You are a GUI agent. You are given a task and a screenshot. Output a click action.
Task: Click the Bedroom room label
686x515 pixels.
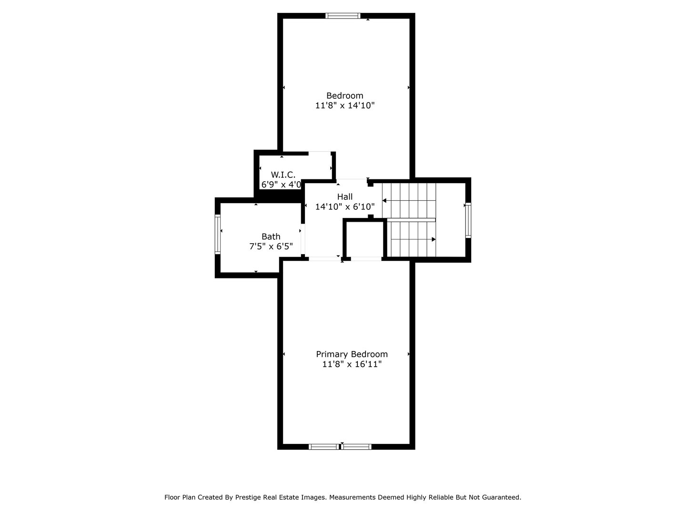(344, 95)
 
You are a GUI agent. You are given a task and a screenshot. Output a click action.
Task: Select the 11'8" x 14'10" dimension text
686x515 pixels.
(345, 106)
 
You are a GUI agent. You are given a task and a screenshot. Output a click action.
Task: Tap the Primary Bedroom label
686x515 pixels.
(352, 354)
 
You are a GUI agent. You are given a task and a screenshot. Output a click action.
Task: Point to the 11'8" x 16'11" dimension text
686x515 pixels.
(352, 364)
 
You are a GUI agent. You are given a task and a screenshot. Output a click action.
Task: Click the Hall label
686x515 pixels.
(345, 196)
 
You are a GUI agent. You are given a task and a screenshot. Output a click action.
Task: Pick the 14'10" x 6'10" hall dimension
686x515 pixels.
(345, 207)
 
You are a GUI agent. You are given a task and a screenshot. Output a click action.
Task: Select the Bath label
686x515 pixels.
(271, 236)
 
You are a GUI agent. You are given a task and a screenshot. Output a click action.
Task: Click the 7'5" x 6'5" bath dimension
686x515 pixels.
(271, 247)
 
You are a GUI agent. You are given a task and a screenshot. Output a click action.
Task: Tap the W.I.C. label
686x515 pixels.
(283, 174)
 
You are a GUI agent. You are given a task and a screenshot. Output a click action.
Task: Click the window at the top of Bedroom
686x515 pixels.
(343, 16)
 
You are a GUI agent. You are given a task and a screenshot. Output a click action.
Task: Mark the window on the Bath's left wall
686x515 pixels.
(218, 234)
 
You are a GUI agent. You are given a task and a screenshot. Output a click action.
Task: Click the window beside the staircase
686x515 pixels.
(468, 220)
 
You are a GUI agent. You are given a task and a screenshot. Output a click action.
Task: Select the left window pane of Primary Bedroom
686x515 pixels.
(324, 447)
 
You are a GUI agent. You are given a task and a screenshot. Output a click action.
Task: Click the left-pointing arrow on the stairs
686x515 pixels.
(384, 201)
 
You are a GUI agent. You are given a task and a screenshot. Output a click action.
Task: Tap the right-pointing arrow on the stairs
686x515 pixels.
(434, 239)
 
